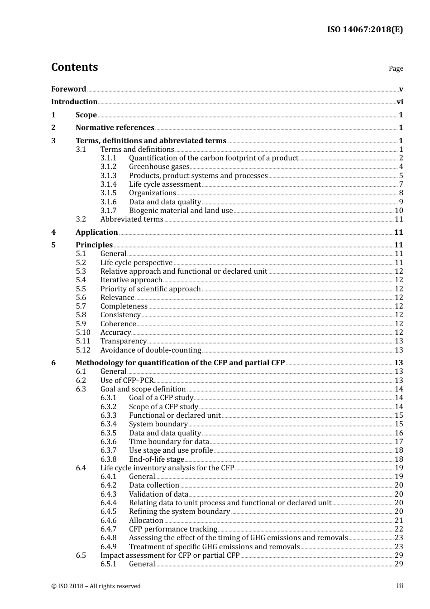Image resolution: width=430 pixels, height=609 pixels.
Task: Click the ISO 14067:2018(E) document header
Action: click(x=365, y=29)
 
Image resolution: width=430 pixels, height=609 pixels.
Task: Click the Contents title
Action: click(x=74, y=67)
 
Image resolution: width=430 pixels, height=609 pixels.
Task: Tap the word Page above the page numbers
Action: click(x=396, y=68)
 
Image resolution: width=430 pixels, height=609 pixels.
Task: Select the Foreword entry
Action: click(x=68, y=89)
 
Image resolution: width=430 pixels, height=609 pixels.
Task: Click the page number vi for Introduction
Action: click(x=400, y=102)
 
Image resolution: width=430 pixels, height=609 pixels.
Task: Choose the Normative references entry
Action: click(x=115, y=128)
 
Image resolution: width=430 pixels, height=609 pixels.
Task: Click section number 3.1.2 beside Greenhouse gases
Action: click(x=108, y=167)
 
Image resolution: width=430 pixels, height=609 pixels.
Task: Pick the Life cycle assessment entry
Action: click(x=165, y=184)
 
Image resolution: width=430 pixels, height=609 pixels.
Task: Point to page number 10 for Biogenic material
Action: click(x=399, y=211)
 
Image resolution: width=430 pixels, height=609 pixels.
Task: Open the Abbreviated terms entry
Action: click(x=132, y=219)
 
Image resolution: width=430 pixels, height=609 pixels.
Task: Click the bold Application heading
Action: click(x=96, y=232)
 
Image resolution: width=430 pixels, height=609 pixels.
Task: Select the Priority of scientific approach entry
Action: click(x=150, y=289)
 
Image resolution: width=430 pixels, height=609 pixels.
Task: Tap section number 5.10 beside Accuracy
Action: click(x=83, y=333)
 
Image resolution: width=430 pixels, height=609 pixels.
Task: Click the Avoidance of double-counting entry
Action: click(x=150, y=350)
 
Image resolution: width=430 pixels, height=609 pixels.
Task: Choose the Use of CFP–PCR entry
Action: click(x=127, y=381)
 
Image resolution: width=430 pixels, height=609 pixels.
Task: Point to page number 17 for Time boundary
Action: click(x=399, y=442)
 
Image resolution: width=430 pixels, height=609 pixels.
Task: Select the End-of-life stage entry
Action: click(x=156, y=459)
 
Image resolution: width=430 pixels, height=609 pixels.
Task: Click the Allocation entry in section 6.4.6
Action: click(x=146, y=521)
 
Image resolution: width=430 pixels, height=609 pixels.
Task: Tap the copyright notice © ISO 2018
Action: click(x=96, y=586)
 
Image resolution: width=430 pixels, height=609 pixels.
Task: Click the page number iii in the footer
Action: click(x=400, y=586)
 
